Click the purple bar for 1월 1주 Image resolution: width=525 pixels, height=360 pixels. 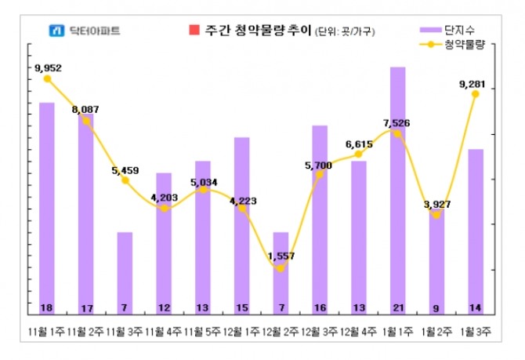397,188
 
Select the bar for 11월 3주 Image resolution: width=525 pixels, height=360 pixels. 125,271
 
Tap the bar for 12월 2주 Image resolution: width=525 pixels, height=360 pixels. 281,271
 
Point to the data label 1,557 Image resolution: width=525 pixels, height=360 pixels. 281,256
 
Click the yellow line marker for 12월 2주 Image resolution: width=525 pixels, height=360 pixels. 281,269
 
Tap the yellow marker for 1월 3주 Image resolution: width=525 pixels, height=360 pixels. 476,94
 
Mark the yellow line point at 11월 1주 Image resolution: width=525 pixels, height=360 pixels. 47,78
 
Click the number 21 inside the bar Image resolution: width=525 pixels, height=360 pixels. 397,307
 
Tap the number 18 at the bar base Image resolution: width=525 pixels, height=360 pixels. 47,307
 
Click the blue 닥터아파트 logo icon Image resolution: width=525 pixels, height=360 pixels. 56,32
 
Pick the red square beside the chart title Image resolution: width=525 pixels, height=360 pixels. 194,31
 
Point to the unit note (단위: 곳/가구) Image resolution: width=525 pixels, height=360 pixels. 346,32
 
